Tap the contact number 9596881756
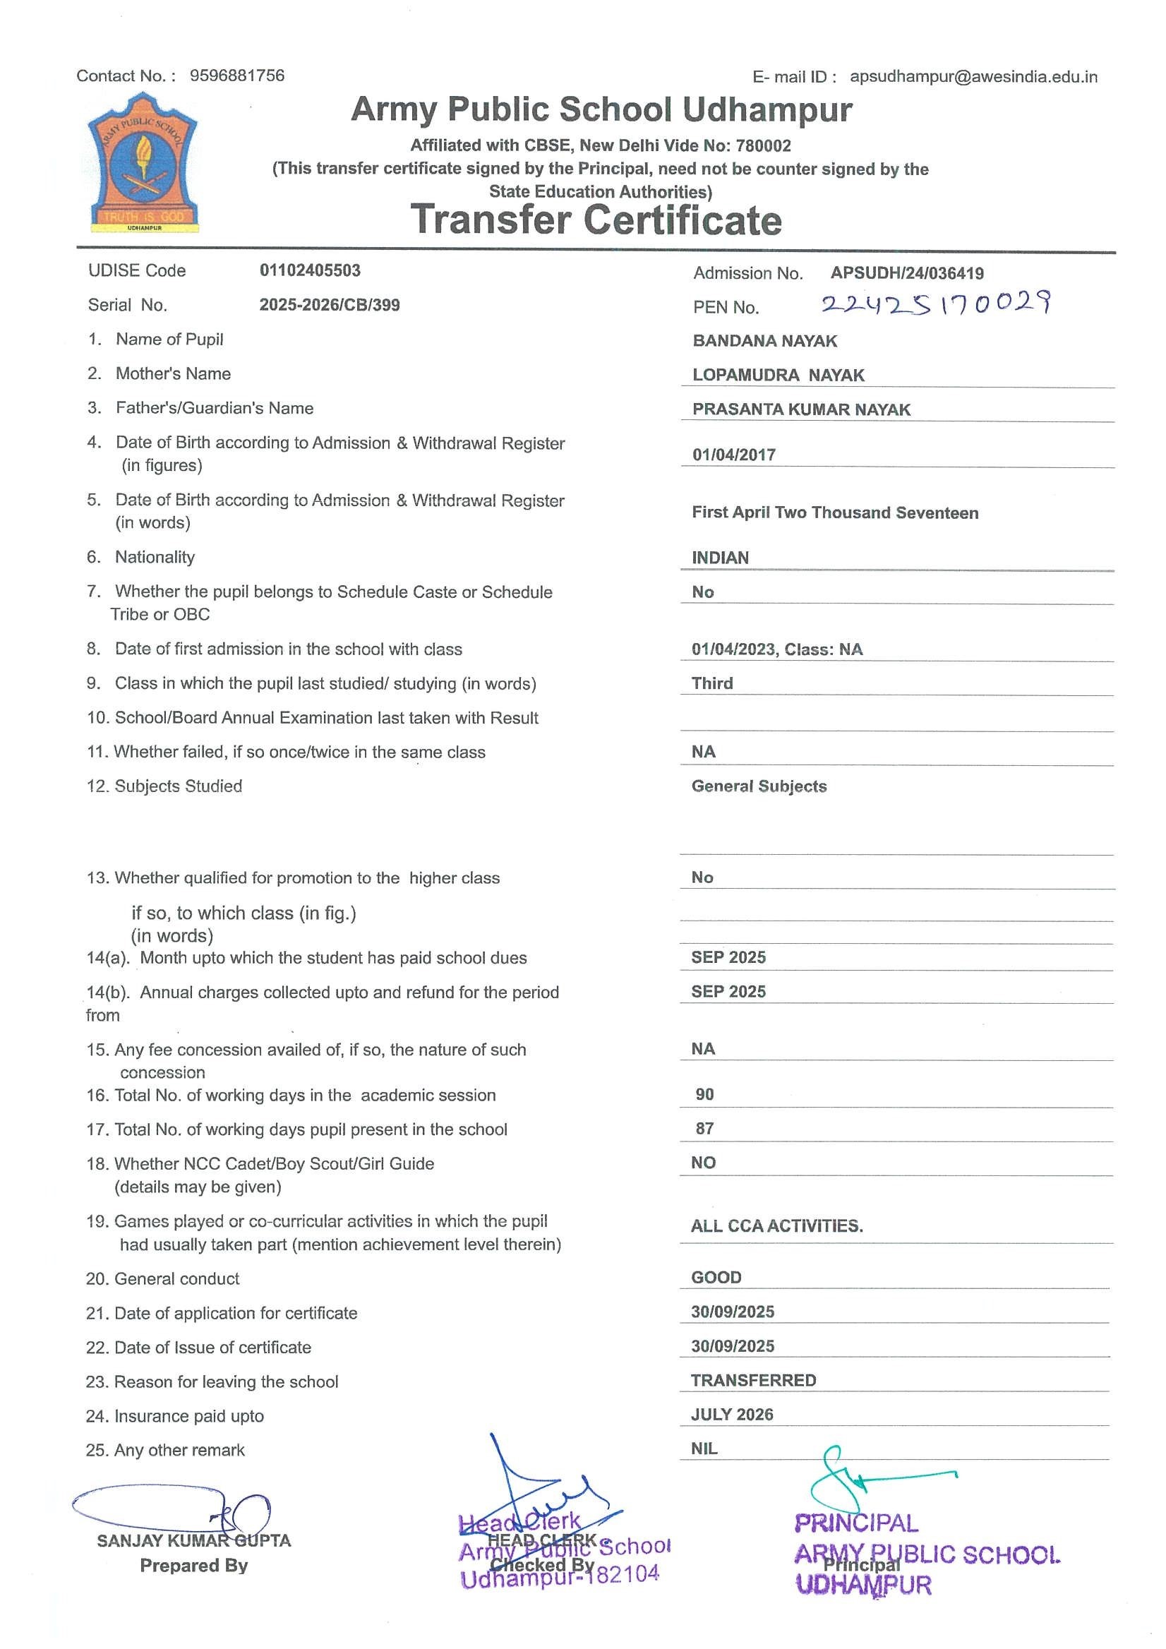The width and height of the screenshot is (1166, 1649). pos(237,76)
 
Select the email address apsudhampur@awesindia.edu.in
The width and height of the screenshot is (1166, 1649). pos(973,77)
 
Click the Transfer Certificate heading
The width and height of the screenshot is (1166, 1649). pos(596,220)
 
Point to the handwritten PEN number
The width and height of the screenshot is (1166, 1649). pos(936,303)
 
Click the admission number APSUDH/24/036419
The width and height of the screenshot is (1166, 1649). pos(907,273)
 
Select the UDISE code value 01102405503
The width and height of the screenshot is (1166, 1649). pos(310,271)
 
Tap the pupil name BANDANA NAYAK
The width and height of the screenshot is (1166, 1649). pos(764,341)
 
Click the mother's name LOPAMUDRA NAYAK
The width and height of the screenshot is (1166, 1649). pos(779,375)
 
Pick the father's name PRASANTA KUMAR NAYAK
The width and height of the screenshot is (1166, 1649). pos(801,409)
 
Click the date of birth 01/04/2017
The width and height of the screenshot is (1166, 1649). pos(734,455)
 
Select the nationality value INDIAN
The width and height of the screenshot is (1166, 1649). pos(720,558)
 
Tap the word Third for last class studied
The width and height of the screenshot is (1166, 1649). pos(712,684)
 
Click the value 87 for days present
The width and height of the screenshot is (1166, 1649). pos(704,1129)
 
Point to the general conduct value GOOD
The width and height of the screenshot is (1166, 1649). pos(716,1278)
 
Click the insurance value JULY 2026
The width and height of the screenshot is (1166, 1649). pos(732,1415)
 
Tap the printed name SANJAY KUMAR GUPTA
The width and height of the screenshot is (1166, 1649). pos(194,1541)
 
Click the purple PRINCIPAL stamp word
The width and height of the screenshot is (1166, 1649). pos(856,1523)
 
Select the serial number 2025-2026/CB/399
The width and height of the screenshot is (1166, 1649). pos(330,305)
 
